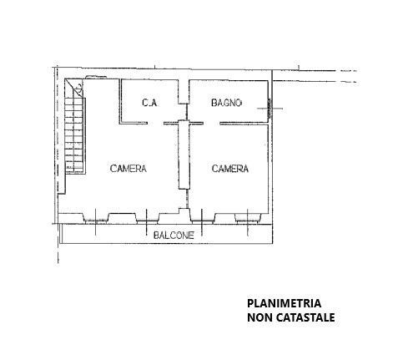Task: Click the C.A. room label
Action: point(150,103)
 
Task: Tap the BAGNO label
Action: point(226,103)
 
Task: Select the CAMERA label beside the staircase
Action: point(128,169)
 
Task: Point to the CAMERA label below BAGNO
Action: point(230,169)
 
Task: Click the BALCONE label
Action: point(174,236)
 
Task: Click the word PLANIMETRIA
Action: point(284,303)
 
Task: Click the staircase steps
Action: point(74,131)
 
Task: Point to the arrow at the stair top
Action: point(78,88)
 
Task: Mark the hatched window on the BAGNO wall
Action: point(270,108)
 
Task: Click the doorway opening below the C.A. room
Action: point(155,123)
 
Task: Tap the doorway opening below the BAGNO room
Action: point(211,123)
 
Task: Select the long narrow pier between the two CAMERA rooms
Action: point(184,155)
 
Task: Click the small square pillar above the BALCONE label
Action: point(183,211)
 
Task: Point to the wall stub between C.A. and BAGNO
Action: point(184,92)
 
